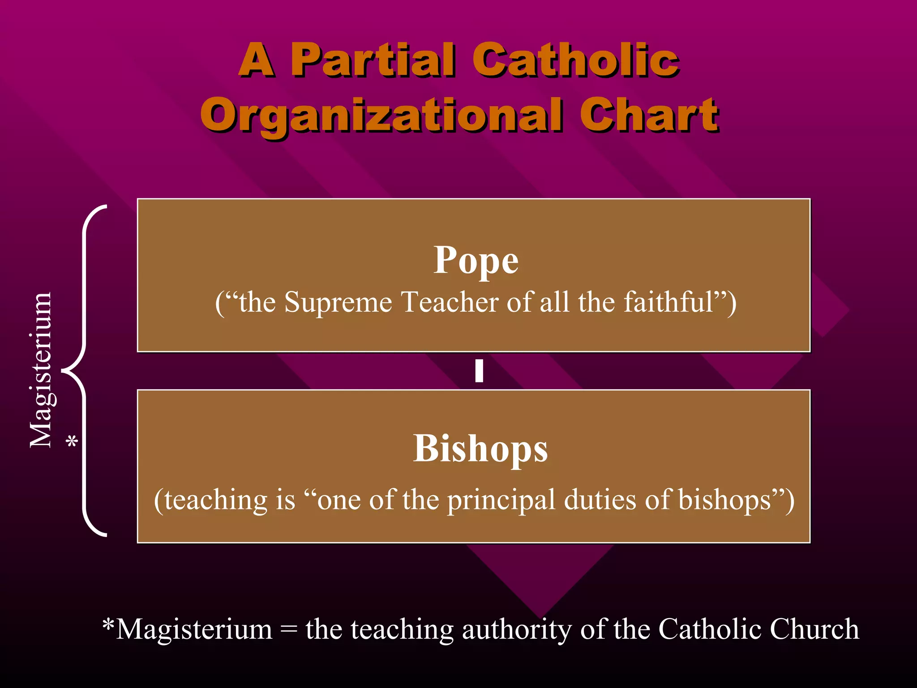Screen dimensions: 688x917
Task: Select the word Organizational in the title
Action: [x=381, y=116]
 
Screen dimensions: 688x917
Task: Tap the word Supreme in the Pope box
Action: [x=338, y=302]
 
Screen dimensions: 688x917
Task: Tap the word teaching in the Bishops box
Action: [x=216, y=500]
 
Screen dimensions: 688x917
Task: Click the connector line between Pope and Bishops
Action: [x=479, y=371]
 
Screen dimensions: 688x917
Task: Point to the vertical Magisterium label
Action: [x=41, y=370]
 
